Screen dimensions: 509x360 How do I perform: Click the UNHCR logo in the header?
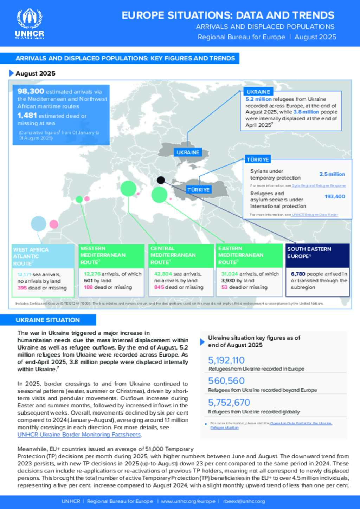30,24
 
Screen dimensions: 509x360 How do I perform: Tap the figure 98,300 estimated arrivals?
31,91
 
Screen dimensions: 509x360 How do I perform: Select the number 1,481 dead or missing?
27,115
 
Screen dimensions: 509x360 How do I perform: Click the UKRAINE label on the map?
188,152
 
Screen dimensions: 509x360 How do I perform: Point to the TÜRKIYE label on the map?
198,190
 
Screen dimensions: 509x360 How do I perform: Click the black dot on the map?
161,180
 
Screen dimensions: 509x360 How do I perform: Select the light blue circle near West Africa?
39,224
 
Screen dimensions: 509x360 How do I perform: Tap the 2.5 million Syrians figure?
332,174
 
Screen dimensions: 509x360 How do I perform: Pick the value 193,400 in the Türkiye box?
335,196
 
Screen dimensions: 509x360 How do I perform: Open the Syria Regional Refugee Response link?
319,186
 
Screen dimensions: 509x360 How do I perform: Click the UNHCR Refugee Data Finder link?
315,215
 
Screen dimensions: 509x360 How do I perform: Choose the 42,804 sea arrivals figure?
163,274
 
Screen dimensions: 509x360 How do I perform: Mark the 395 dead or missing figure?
22,288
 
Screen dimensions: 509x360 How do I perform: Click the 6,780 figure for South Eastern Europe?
298,274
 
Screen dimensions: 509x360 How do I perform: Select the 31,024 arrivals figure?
230,274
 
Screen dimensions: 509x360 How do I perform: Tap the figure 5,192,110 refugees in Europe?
226,360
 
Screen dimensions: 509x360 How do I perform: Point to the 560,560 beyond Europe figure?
226,381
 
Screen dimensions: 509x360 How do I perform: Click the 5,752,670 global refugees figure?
229,403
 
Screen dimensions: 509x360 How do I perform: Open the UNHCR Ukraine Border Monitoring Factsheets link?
79,435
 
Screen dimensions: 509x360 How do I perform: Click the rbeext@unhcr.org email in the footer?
244,501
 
